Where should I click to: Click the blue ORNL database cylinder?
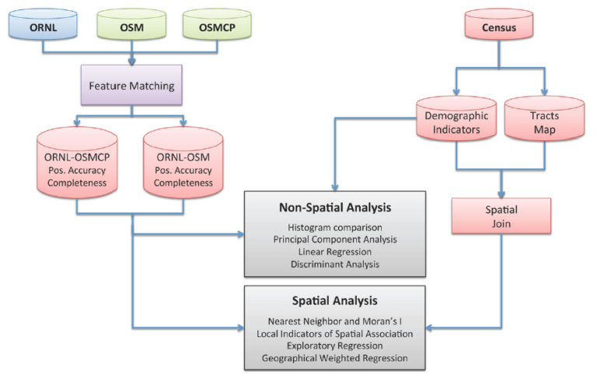tap(43, 24)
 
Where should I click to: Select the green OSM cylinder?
tap(131, 24)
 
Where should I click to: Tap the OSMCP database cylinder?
tap(217, 24)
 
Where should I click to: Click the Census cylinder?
tap(499, 24)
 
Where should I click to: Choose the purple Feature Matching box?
tap(131, 85)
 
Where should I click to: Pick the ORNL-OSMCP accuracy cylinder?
tap(77, 163)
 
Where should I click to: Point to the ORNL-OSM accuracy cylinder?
tap(183, 163)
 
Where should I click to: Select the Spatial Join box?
tap(501, 216)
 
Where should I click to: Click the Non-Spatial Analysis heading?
tap(335, 208)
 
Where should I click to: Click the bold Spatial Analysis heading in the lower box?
tap(335, 301)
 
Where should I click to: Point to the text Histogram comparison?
tap(335, 227)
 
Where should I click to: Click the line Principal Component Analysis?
tap(335, 240)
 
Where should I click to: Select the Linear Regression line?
tap(335, 251)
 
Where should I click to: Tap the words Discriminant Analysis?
tap(335, 265)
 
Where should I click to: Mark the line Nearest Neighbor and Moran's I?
tap(335, 321)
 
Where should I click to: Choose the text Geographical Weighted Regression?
tap(335, 358)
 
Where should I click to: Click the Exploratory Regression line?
tap(335, 346)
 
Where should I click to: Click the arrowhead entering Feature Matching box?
tap(131, 61)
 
